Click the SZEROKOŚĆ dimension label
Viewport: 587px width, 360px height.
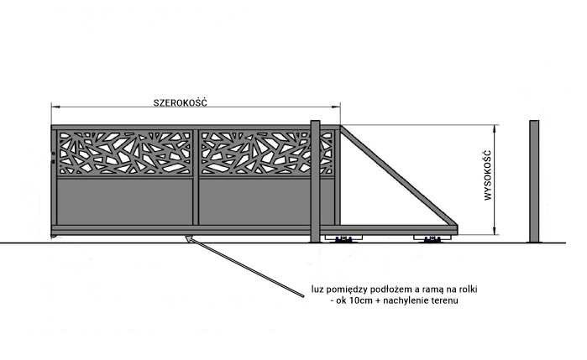point(180,102)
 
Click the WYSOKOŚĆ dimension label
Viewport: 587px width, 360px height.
point(487,175)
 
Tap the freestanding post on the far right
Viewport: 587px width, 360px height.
point(534,181)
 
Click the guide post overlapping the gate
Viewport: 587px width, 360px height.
point(315,181)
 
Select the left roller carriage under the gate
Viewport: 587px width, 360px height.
point(343,239)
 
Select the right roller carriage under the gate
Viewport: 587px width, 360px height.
point(432,239)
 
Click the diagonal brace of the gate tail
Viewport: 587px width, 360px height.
point(399,175)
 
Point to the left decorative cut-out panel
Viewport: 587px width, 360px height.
point(124,153)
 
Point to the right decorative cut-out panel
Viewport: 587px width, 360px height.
point(266,153)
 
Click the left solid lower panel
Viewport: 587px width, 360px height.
point(124,201)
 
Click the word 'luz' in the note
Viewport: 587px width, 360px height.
point(317,290)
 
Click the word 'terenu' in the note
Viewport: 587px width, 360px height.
point(445,300)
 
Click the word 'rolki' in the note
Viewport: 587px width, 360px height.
point(468,290)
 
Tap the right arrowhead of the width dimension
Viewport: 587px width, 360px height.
point(337,107)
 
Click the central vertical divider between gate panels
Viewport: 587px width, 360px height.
point(196,177)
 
